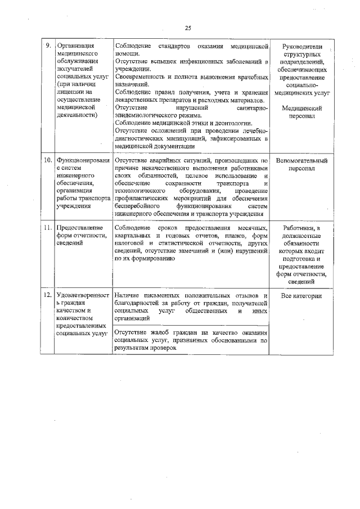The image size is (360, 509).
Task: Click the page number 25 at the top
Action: pos(188,28)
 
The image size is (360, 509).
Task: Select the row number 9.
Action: pos(48,45)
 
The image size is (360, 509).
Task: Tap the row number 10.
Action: pos(48,160)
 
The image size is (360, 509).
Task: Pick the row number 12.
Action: pos(48,295)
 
